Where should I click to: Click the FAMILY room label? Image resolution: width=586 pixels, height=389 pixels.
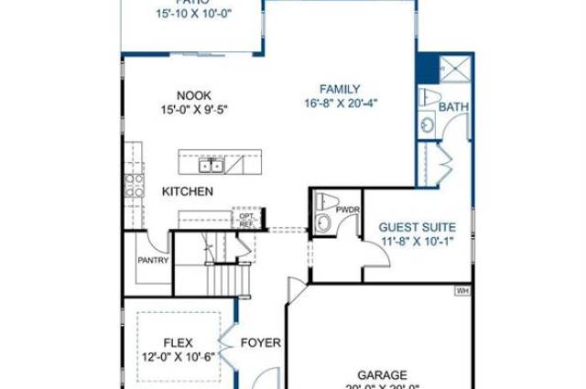pyautogui.click(x=340, y=89)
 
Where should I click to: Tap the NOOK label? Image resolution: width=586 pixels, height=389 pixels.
pyautogui.click(x=193, y=94)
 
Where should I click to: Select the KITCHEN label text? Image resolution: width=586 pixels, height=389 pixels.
pyautogui.click(x=188, y=191)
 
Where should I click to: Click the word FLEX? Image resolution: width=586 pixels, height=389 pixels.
pyautogui.click(x=178, y=343)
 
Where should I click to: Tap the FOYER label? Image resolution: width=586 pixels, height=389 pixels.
pyautogui.click(x=260, y=343)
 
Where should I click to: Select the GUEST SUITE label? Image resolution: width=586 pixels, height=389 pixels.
pyautogui.click(x=417, y=227)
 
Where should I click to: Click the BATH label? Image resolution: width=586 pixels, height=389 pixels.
pyautogui.click(x=453, y=107)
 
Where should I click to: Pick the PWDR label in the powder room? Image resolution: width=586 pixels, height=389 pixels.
pyautogui.click(x=349, y=210)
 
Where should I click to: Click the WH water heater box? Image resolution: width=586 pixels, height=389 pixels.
pyautogui.click(x=462, y=291)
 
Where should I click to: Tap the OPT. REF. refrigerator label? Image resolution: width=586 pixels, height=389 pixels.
pyautogui.click(x=246, y=219)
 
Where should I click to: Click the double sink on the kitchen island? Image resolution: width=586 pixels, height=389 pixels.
pyautogui.click(x=212, y=165)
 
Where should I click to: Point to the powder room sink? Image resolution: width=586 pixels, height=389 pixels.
pyautogui.click(x=322, y=223)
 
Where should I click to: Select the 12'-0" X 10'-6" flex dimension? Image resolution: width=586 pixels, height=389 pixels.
pyautogui.click(x=178, y=357)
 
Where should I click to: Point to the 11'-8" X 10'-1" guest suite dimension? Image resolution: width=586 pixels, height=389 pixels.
pyautogui.click(x=417, y=242)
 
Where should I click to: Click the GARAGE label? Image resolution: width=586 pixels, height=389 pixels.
pyautogui.click(x=382, y=374)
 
